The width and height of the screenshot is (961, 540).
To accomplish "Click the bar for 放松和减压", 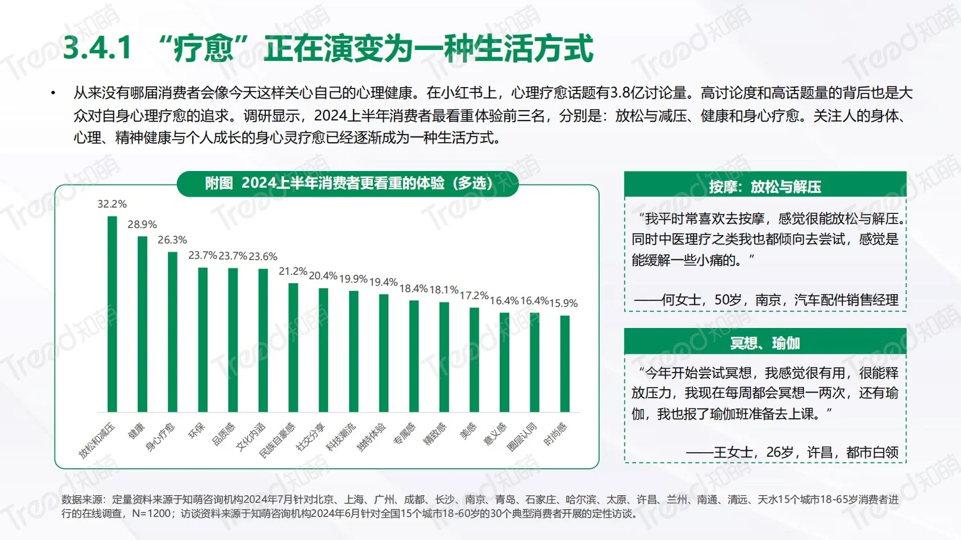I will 112,314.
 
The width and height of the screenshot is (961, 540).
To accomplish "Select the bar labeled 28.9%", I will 142,323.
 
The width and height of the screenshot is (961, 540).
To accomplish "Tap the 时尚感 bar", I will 565,363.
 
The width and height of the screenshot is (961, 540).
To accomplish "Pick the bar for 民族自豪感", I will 293,347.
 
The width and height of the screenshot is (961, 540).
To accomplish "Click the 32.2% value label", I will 112,204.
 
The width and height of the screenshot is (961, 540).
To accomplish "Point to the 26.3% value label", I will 172,240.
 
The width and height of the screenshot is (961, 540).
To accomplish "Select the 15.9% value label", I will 564,304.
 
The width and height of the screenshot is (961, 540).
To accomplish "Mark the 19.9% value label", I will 353,279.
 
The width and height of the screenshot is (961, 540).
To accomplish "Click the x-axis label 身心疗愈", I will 160,437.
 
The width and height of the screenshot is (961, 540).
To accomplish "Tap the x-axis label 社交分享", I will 311,437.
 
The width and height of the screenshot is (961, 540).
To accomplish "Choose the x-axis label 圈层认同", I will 522,437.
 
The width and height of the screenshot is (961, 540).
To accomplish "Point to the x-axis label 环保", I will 196,431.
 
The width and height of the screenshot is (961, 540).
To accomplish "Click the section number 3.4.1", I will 97,49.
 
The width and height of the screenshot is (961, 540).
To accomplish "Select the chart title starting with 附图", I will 348,183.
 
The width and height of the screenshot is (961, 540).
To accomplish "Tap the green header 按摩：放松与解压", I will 765,187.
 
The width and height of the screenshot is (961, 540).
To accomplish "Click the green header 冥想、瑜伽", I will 765,343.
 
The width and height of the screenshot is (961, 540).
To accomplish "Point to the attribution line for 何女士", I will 766,300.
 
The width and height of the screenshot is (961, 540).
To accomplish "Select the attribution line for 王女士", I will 792,452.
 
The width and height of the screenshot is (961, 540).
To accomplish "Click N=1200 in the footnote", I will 152,514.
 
